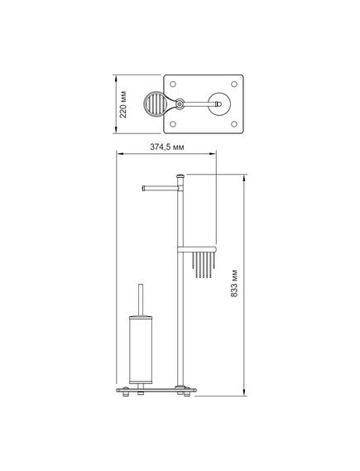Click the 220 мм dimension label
123,104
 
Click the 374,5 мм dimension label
167,147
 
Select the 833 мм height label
234,284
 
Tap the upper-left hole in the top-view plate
173,84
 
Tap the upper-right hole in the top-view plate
234,84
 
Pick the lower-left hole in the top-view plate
173,124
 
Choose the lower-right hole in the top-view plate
234,124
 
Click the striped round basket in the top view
155,104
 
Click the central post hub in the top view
180,104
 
